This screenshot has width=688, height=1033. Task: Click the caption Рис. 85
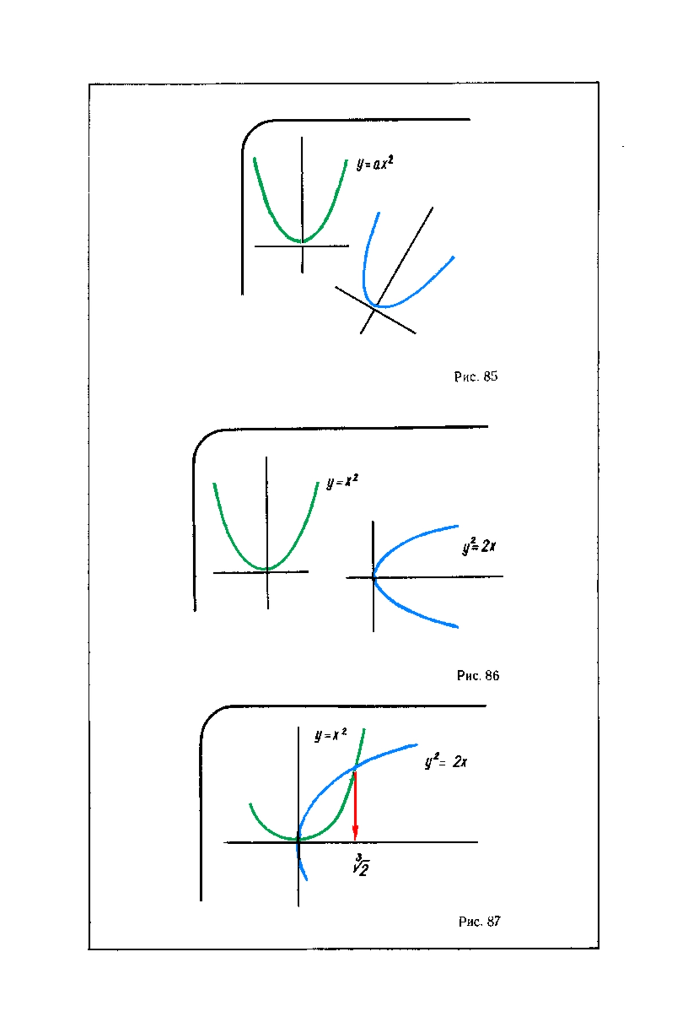coord(476,376)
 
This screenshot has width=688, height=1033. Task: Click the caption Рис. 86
coord(478,675)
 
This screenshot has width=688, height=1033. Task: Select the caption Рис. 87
coord(479,922)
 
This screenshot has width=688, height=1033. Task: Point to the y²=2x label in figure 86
coord(479,545)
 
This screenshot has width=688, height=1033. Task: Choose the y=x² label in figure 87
coord(330,735)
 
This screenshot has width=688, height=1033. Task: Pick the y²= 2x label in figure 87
coord(445,761)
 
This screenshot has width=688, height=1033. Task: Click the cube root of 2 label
coord(361,865)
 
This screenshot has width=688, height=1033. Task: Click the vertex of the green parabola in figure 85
coord(301,241)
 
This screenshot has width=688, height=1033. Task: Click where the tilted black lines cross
coord(374,310)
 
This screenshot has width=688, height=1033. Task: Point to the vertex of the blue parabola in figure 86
coord(374,577)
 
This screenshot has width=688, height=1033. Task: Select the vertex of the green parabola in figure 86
coord(267,569)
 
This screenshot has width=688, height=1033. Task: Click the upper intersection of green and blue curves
coord(355,767)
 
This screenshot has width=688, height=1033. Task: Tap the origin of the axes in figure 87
coord(298,841)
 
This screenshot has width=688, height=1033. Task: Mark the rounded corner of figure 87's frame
coord(209,716)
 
